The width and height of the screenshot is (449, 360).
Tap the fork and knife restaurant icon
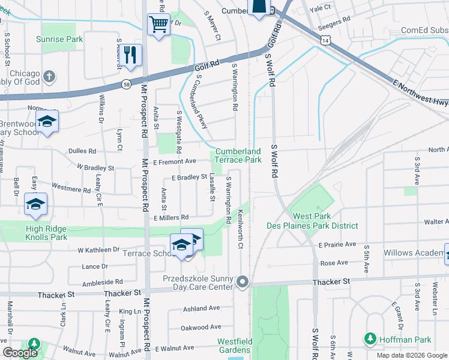(130, 55)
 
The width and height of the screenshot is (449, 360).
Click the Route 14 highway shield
(325, 40)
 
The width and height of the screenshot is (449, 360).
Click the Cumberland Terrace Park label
(238, 156)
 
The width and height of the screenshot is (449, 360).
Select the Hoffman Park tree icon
(370, 339)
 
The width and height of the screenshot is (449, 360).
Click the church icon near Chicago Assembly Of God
(49, 77)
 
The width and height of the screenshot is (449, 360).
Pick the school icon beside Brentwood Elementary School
(46, 122)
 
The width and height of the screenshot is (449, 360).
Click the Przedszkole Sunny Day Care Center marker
(243, 281)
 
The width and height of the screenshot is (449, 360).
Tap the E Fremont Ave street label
(175, 161)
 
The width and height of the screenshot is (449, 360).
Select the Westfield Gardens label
(234, 346)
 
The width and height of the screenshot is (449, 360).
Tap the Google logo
(20, 353)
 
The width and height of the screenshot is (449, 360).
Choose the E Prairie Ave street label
(337, 245)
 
